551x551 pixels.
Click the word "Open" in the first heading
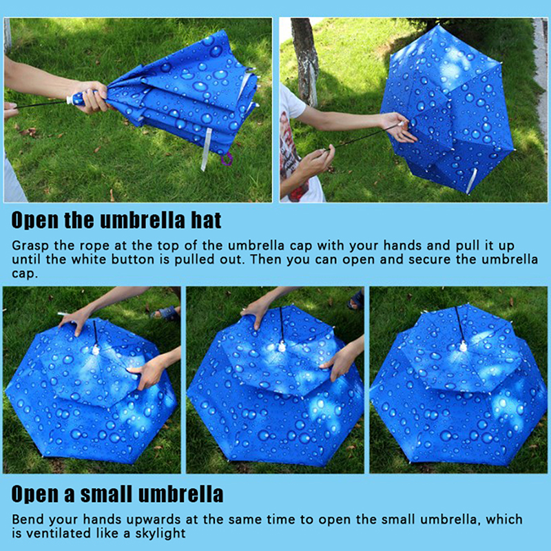coord(35,220)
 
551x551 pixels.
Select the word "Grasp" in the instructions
coord(30,246)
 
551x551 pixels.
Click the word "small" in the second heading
coord(106,494)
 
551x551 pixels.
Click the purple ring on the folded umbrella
coord(227,159)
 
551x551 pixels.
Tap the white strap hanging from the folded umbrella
coord(206,149)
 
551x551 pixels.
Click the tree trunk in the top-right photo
coord(305,61)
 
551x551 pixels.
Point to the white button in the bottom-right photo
coord(464,346)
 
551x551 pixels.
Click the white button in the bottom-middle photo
coord(282,346)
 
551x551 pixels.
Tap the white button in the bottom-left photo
coord(96,349)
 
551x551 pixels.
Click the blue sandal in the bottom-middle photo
coord(356,300)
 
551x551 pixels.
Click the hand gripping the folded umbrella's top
coord(92,96)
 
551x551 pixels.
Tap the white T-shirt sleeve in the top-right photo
coord(291,102)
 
